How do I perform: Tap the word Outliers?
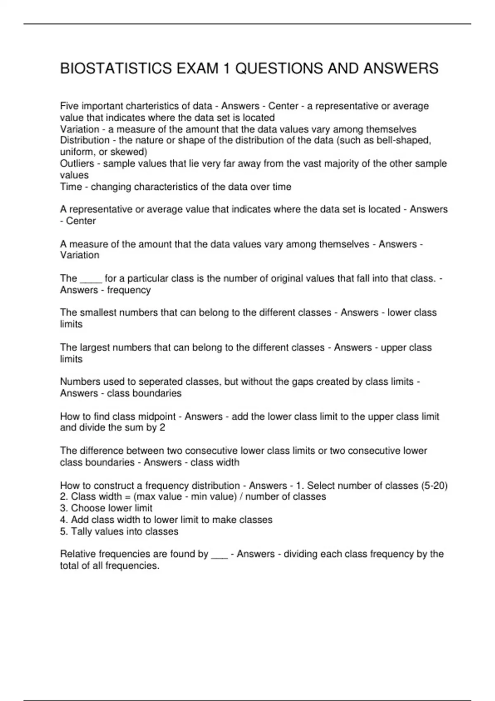point(77,164)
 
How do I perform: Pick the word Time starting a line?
point(71,187)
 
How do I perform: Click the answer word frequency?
point(129,290)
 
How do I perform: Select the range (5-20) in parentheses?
point(434,486)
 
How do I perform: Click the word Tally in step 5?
point(82,532)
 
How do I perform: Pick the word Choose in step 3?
point(87,508)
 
